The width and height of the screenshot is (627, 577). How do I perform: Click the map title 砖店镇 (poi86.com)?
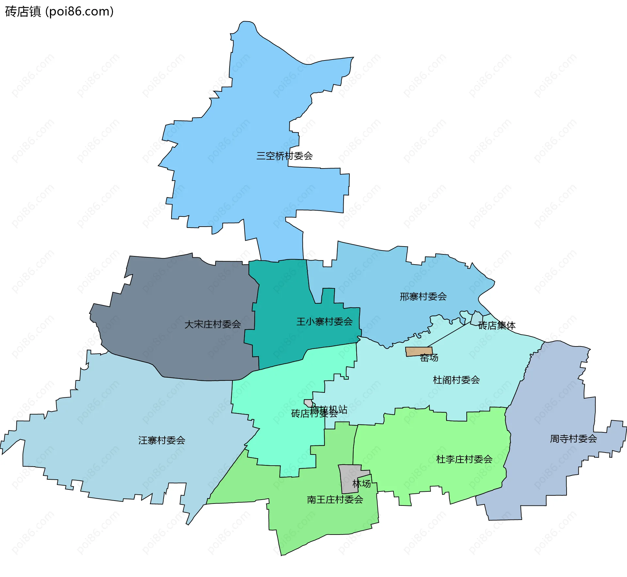(x=59, y=12)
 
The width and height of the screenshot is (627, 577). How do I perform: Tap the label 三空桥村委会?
(x=284, y=156)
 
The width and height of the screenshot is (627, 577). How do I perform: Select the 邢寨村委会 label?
(x=423, y=297)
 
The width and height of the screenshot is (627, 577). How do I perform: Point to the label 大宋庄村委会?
(x=213, y=324)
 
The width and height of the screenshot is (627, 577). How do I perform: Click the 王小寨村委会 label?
(x=324, y=322)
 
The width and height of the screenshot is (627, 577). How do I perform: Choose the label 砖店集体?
(x=497, y=325)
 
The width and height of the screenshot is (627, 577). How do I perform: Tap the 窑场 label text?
(x=429, y=358)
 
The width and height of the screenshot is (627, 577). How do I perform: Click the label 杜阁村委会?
(x=456, y=380)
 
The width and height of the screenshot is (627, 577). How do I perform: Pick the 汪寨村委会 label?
(x=162, y=440)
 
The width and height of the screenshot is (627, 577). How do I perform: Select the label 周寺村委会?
(x=573, y=439)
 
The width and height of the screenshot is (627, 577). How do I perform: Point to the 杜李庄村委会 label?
(x=464, y=459)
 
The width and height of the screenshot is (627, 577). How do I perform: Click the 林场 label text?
(x=362, y=484)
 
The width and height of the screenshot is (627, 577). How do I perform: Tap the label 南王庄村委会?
(x=335, y=499)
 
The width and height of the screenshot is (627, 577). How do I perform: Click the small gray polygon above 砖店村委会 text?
(x=308, y=403)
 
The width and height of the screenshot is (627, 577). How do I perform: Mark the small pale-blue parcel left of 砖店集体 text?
(x=476, y=317)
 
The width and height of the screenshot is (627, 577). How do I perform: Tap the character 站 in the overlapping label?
(x=343, y=409)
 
